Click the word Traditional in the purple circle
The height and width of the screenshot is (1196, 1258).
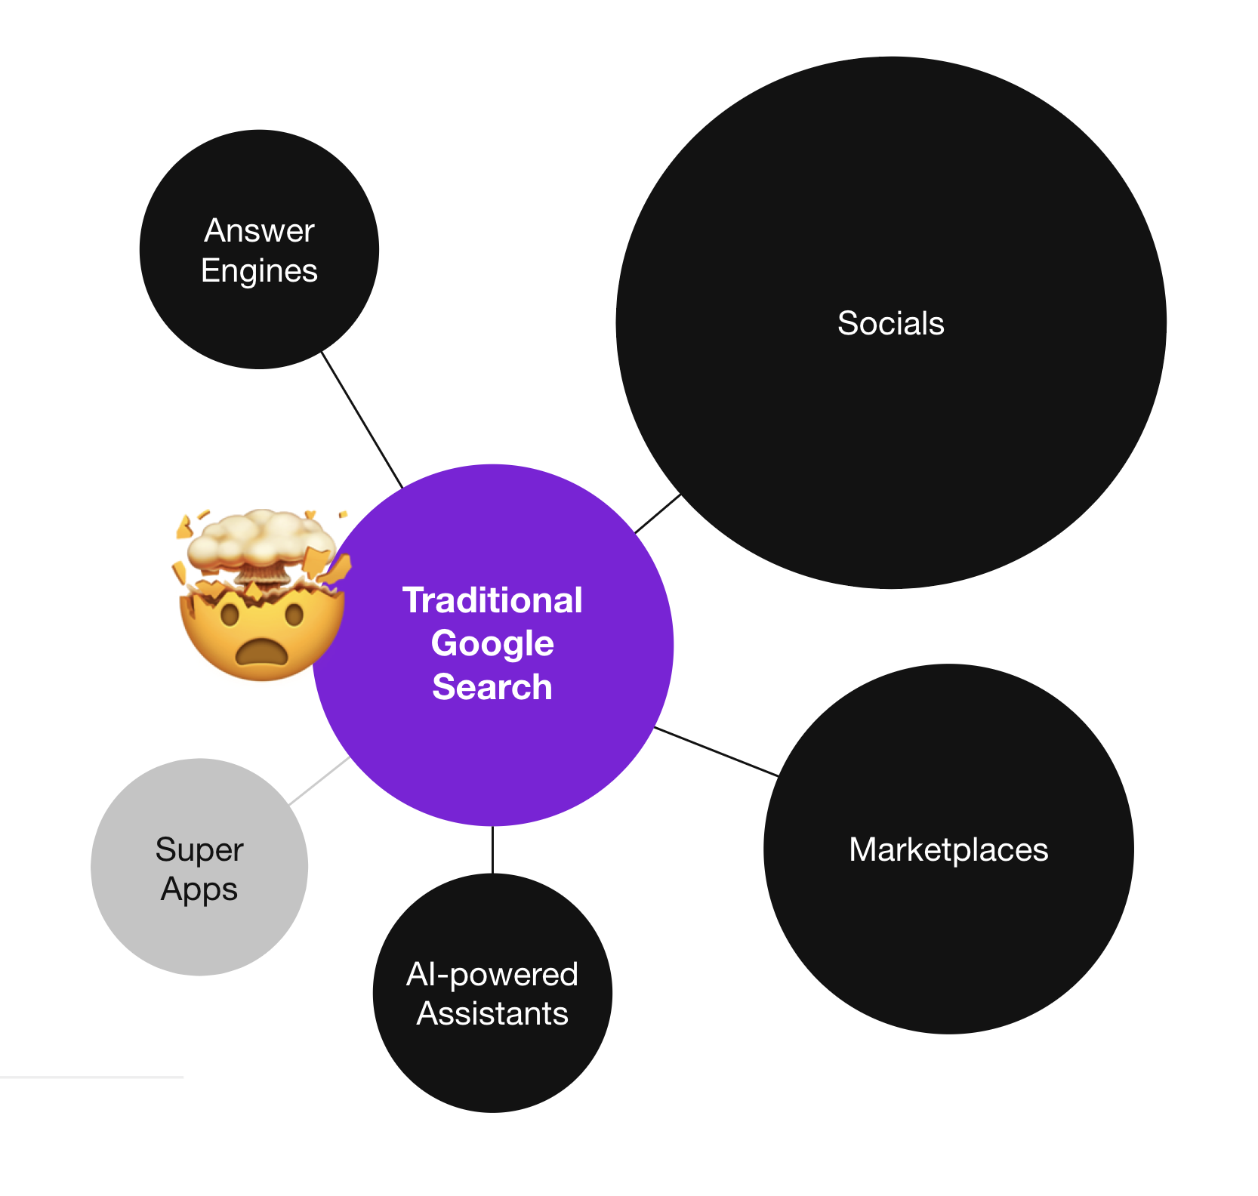click(492, 600)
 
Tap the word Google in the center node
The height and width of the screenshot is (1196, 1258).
click(492, 643)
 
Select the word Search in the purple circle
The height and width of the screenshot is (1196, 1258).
click(492, 686)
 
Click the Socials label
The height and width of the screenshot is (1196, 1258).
click(890, 323)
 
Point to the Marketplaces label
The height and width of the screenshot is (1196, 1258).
click(948, 849)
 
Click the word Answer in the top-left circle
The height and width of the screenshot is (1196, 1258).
click(259, 230)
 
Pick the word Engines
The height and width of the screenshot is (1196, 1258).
click(259, 270)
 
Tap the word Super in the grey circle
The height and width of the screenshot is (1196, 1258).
click(199, 849)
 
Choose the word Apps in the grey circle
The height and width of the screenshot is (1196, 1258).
click(199, 889)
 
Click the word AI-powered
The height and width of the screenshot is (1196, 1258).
click(492, 974)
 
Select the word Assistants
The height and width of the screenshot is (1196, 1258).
click(492, 1013)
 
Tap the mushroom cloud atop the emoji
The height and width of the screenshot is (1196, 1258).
click(261, 541)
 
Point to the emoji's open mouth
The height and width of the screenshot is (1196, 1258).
click(261, 651)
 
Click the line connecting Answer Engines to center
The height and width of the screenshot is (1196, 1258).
click(362, 420)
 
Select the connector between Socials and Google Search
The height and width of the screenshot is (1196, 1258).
click(658, 513)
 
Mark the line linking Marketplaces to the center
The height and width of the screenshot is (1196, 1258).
click(716, 751)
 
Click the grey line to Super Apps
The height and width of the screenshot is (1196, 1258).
click(319, 781)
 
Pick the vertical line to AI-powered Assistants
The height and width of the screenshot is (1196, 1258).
click(492, 849)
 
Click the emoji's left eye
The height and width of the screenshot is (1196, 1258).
click(230, 615)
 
